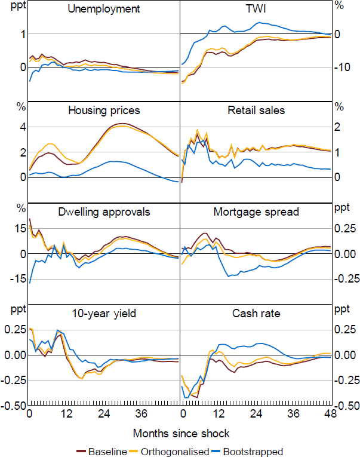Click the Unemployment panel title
click(x=104, y=9)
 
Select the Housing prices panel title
click(x=104, y=111)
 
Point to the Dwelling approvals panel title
click(x=104, y=211)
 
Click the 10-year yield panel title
click(x=104, y=313)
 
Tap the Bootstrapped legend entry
click(x=251, y=452)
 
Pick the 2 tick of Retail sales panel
click(x=339, y=127)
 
